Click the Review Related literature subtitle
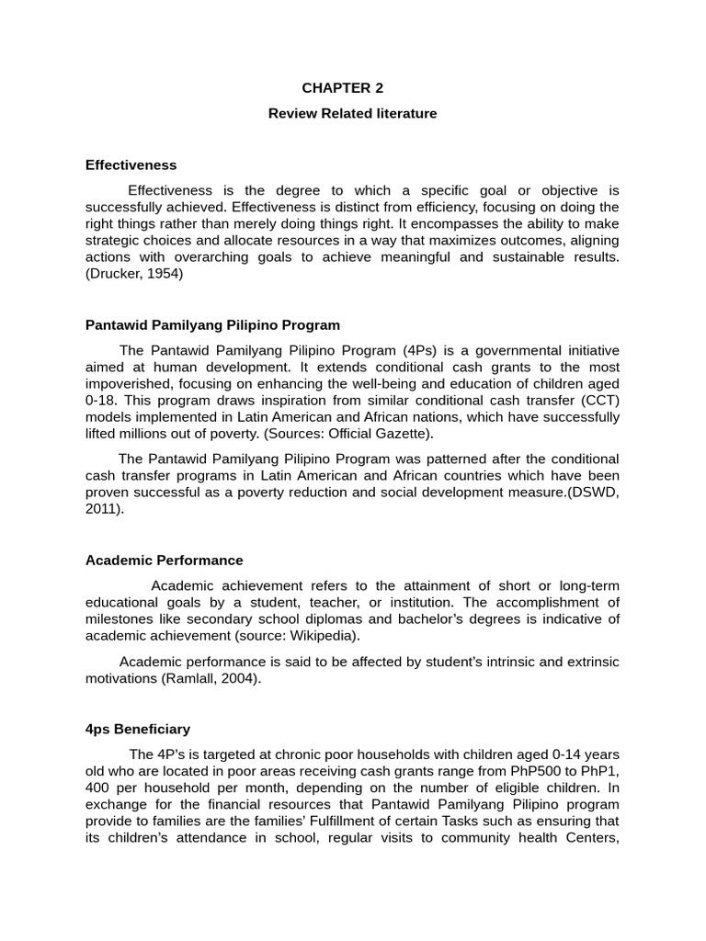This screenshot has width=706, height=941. pyautogui.click(x=352, y=113)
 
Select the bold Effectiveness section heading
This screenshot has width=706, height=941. pyautogui.click(x=131, y=165)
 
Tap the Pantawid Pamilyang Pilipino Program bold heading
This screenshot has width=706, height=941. pyautogui.click(x=212, y=325)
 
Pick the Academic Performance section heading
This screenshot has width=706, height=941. pyautogui.click(x=164, y=560)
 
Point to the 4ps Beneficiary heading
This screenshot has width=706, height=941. pyautogui.click(x=138, y=729)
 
